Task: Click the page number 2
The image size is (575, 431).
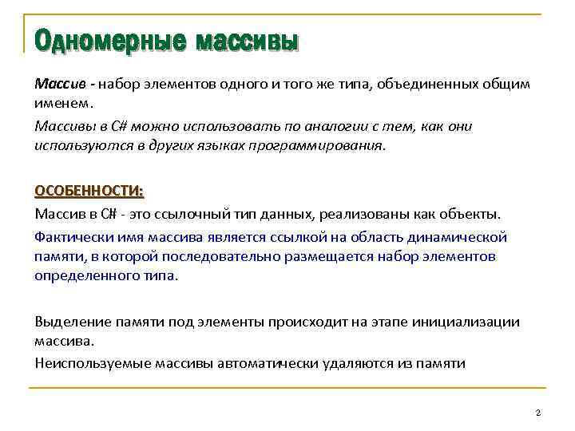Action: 538,412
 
